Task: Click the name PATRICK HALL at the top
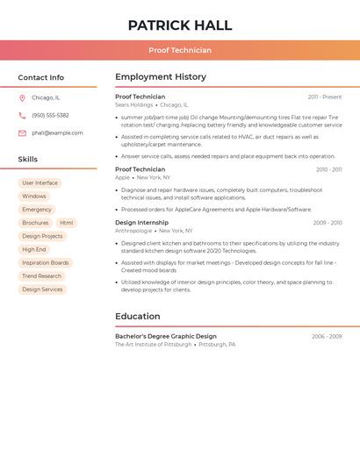(x=180, y=25)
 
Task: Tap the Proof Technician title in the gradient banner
(x=180, y=51)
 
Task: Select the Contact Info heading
(x=41, y=77)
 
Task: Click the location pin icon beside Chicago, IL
(x=22, y=98)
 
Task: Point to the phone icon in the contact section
(x=22, y=116)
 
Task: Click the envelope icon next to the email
(x=22, y=133)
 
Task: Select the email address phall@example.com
(x=57, y=133)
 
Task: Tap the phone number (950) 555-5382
(x=50, y=116)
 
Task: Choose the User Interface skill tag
(x=40, y=183)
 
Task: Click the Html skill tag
(x=67, y=223)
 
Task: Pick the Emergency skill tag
(x=37, y=210)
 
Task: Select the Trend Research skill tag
(x=42, y=276)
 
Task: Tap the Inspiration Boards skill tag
(x=45, y=263)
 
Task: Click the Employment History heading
(x=161, y=77)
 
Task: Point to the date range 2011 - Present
(x=325, y=97)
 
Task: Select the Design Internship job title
(x=141, y=223)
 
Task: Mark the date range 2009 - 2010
(x=328, y=223)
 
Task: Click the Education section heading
(x=138, y=317)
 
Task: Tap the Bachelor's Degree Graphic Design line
(x=166, y=337)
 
